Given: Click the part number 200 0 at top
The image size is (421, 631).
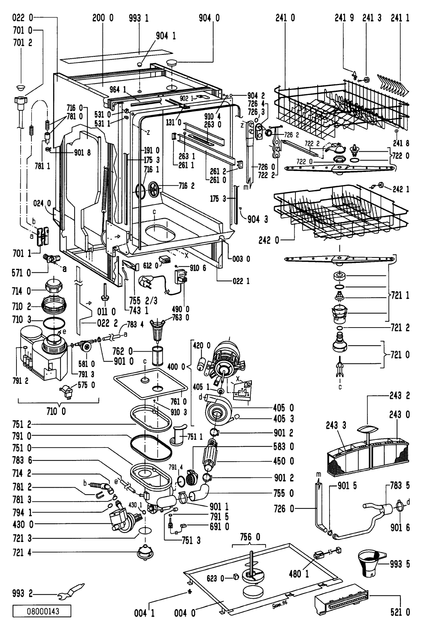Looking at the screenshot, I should click(103, 18).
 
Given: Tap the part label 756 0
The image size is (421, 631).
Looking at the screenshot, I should click(251, 537).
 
